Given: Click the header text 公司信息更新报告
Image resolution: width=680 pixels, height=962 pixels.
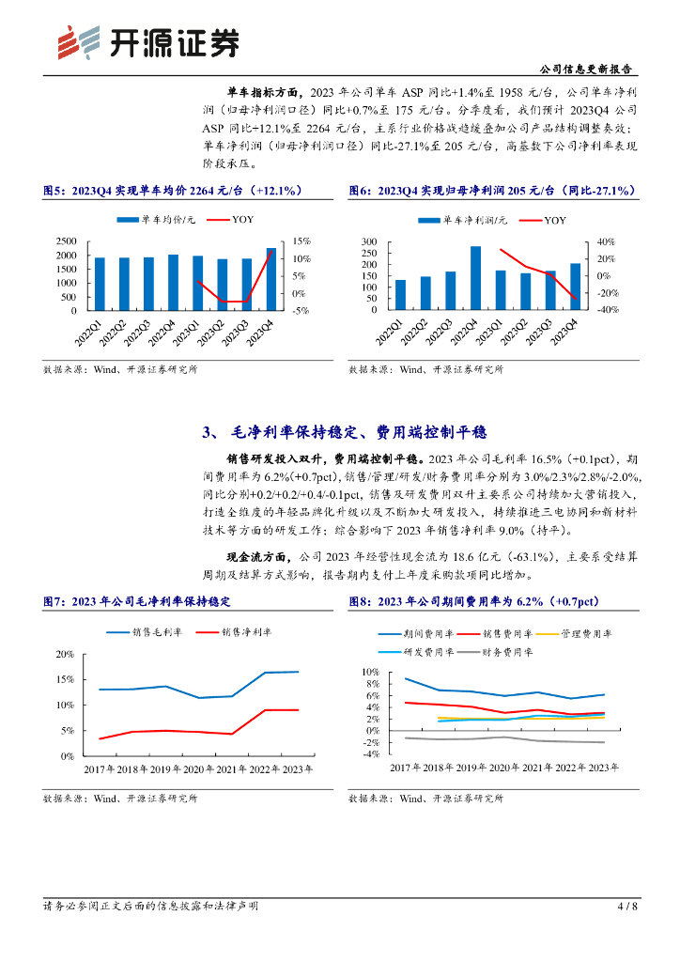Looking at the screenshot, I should pos(587,70).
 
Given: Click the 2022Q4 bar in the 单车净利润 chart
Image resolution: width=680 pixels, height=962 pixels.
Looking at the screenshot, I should pos(476,278).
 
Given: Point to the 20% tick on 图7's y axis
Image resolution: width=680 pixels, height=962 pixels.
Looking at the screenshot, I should pos(67,653).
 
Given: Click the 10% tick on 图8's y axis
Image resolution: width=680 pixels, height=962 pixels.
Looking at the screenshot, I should pos(370,672).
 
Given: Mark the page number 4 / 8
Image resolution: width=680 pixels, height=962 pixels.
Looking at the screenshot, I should pos(627,906).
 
